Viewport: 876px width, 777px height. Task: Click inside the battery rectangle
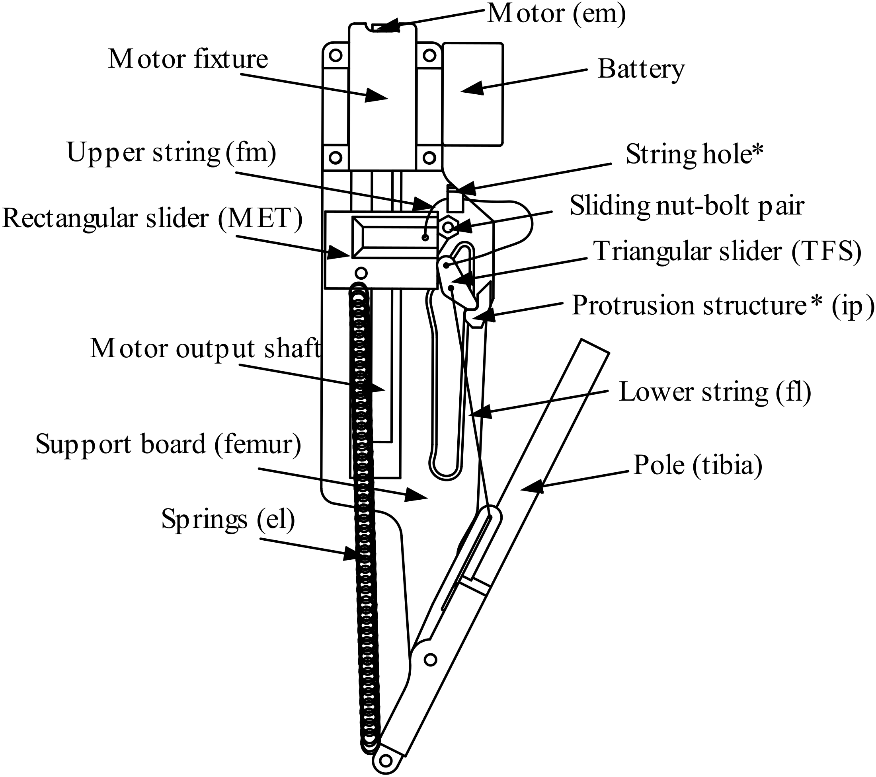point(472,93)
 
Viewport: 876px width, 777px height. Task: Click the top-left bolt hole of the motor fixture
point(336,55)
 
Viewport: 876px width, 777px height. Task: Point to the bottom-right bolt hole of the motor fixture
point(429,158)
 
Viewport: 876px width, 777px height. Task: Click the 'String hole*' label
point(694,154)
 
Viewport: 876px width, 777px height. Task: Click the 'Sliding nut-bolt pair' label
point(687,206)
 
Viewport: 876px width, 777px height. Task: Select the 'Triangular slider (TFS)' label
point(727,251)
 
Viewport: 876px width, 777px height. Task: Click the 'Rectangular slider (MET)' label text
point(152,218)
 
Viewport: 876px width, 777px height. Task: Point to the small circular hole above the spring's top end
point(361,273)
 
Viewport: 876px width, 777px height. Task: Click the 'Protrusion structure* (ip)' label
point(722,306)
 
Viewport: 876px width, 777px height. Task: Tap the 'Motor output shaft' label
point(205,348)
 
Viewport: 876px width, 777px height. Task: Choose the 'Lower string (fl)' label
point(714,392)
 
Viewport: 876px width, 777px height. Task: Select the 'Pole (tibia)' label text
point(698,465)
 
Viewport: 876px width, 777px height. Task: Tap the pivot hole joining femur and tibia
point(430,659)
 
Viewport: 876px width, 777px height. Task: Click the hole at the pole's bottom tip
point(386,760)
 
